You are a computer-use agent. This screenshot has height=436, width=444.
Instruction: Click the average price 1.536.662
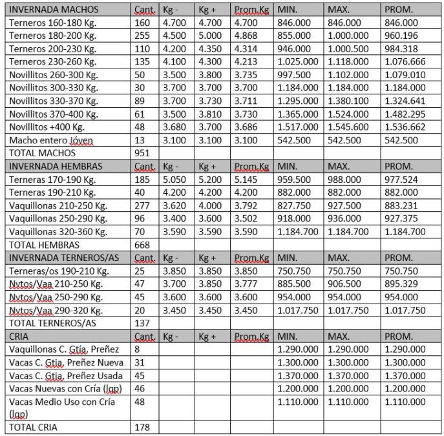click(x=405, y=127)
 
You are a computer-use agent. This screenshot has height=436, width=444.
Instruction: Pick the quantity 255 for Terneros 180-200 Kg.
click(x=142, y=36)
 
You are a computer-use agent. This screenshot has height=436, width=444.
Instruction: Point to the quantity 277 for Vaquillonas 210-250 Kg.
click(x=142, y=205)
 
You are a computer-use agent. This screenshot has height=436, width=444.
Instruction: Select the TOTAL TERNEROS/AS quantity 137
click(x=142, y=323)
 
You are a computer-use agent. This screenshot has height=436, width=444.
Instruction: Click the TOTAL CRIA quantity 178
click(x=142, y=428)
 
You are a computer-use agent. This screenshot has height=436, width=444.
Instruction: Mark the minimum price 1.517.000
click(x=297, y=127)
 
